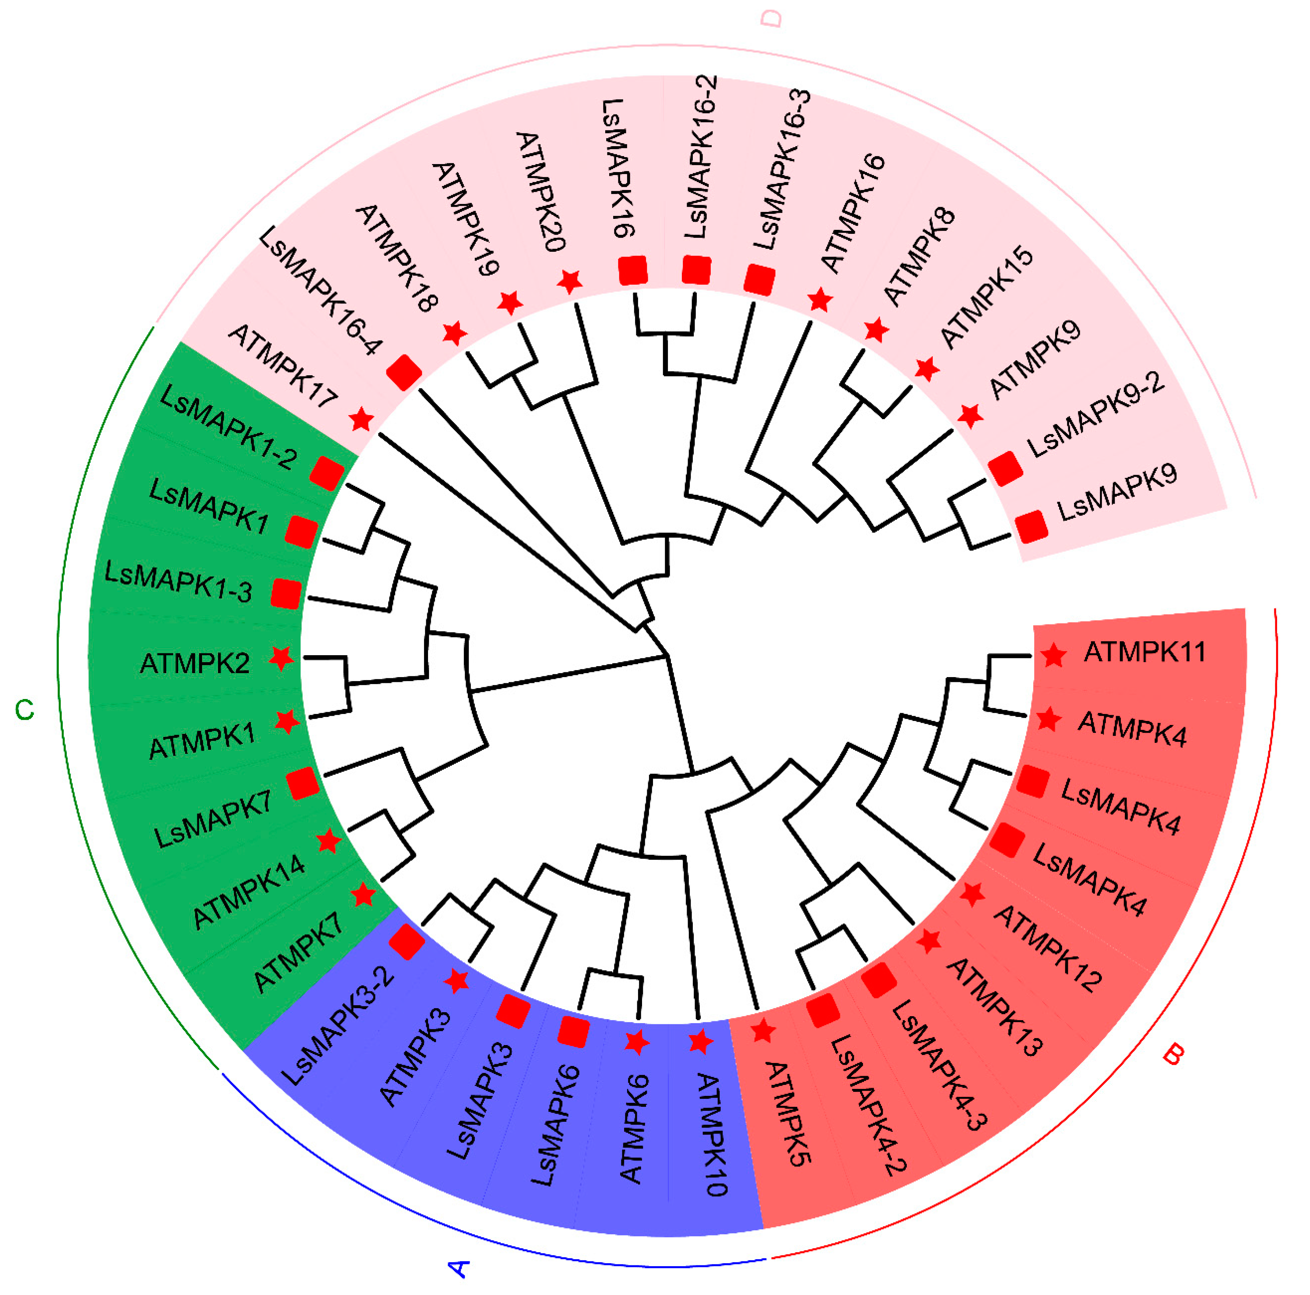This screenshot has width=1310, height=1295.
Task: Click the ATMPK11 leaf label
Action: pos(1145,652)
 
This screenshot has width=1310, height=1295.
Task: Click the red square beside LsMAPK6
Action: pos(573,1031)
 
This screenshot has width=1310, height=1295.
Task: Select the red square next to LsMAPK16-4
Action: pos(404,372)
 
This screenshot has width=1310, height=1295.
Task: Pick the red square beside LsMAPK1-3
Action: pos(286,593)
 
